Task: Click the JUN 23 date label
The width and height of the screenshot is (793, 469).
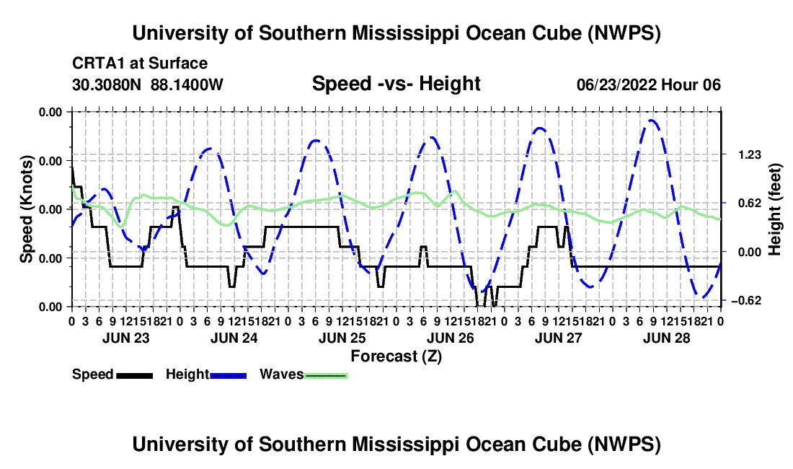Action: click(x=126, y=338)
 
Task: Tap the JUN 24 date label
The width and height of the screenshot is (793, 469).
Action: click(x=234, y=338)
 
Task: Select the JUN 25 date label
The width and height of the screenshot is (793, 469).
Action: click(x=342, y=338)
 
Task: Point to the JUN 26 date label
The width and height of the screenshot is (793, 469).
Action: click(x=451, y=338)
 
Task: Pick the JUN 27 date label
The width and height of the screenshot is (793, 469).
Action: click(x=559, y=338)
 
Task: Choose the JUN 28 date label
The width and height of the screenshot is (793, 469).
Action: click(x=667, y=338)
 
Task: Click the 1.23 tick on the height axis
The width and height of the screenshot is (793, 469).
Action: click(x=750, y=155)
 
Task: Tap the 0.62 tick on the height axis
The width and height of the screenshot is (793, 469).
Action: click(x=750, y=203)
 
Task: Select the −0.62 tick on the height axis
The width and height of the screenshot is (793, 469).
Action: click(x=748, y=301)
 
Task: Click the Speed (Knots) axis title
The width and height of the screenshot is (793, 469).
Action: click(x=26, y=209)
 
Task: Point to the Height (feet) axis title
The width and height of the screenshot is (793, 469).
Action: click(x=774, y=209)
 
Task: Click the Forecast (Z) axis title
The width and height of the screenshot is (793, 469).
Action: click(x=396, y=356)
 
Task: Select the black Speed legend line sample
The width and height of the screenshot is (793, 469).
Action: click(x=135, y=376)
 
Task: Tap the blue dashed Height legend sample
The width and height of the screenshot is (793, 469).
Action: click(x=228, y=376)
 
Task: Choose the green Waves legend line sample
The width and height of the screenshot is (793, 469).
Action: click(x=326, y=376)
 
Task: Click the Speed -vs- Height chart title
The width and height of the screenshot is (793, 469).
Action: click(x=396, y=84)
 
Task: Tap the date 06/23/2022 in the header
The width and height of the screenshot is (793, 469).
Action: click(x=616, y=84)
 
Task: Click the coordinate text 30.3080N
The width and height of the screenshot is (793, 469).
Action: click(x=107, y=84)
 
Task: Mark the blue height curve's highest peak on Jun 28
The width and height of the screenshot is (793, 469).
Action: click(x=652, y=120)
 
